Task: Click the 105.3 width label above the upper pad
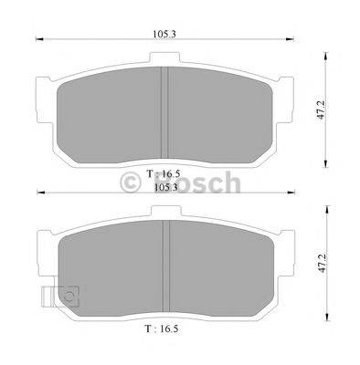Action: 165,36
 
